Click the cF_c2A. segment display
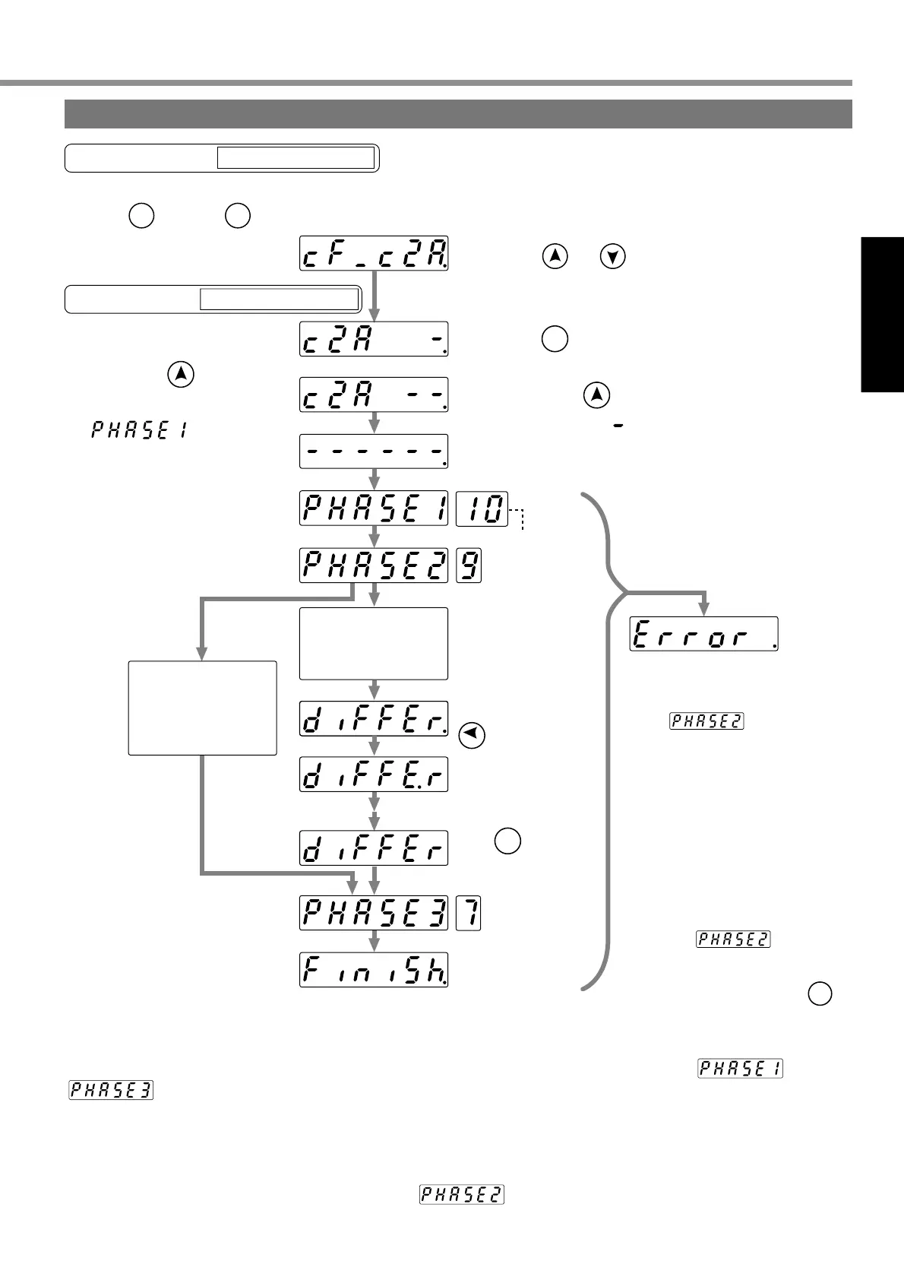point(374,253)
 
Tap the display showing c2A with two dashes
point(374,394)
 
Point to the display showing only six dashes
point(374,451)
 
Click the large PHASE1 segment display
point(374,509)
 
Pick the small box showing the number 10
point(482,509)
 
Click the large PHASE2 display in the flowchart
point(374,566)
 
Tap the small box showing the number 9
point(469,566)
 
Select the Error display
point(704,634)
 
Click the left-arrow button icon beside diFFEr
point(473,735)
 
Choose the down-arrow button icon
point(613,257)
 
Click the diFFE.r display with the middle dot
point(374,775)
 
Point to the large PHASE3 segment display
point(374,913)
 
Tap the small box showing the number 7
point(469,913)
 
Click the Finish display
point(374,970)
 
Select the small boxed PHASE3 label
point(111,1090)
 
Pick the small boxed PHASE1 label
point(741,1068)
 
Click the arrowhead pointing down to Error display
point(704,608)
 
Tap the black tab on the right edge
point(882,315)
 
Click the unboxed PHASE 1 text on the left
point(140,431)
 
